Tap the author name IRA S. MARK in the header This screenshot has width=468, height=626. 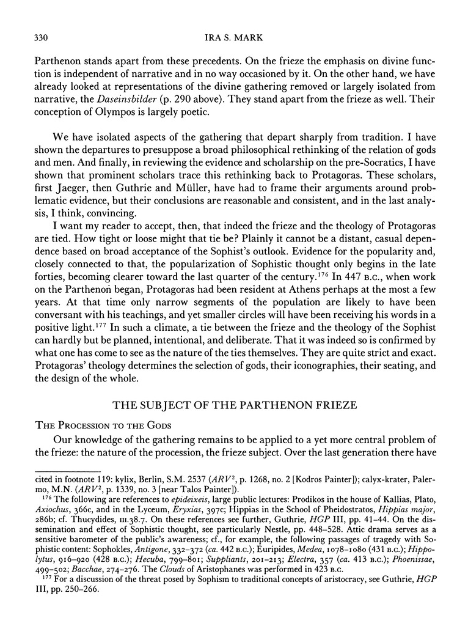pyautogui.click(x=234, y=39)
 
